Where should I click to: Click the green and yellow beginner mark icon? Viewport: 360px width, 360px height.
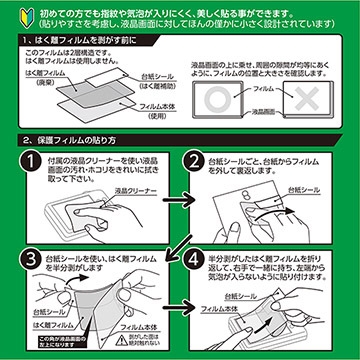click(x=13, y=17)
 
